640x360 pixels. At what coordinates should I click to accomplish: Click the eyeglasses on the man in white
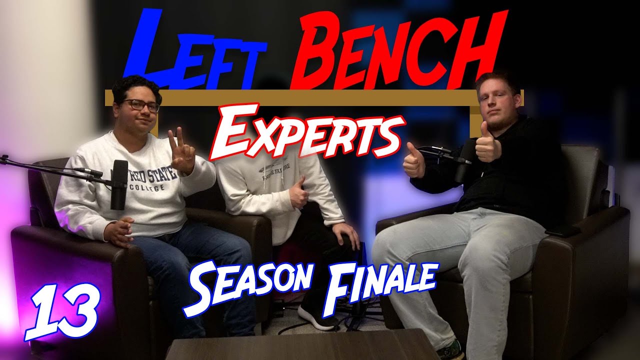pos(141,105)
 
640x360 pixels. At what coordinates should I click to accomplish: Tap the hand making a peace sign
pos(181,151)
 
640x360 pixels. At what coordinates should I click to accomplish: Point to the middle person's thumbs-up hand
pos(299,192)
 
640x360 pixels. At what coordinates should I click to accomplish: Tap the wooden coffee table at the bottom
pos(300,345)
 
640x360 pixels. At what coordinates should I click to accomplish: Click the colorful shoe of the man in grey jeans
pos(450,350)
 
